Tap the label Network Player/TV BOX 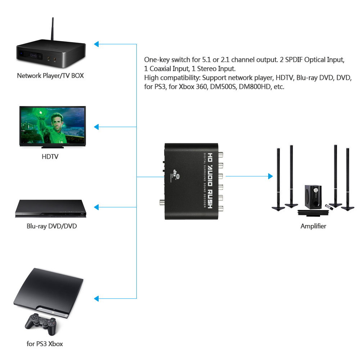click(x=50, y=76)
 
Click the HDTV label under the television click(x=50, y=157)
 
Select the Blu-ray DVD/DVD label click(x=51, y=226)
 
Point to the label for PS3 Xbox click(x=45, y=344)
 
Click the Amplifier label click(x=313, y=226)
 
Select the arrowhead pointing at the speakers click(x=270, y=176)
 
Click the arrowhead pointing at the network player click(x=96, y=44)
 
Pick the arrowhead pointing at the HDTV click(x=96, y=127)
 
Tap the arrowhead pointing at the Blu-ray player click(x=96, y=207)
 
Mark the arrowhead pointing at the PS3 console click(x=96, y=298)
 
